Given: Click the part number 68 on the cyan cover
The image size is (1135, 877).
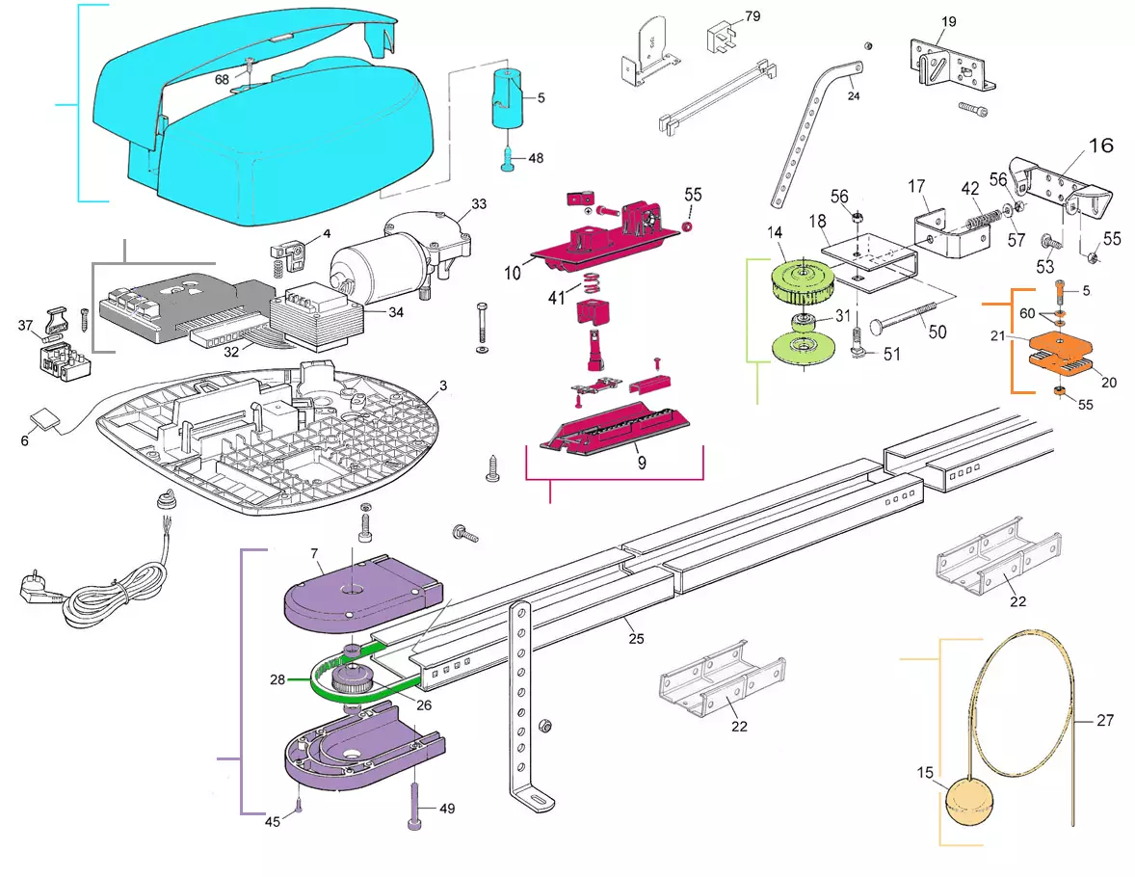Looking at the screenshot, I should tap(222, 79).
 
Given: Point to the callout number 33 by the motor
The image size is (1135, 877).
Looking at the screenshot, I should tap(479, 204).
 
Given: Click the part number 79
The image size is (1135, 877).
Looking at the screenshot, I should tap(752, 16).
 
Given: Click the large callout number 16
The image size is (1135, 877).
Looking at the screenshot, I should tap(1100, 146).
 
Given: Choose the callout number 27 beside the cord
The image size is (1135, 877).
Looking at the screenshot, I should tap(1105, 719).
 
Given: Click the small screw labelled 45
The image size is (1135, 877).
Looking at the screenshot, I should tap(299, 805).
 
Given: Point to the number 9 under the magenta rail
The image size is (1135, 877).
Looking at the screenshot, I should tap(642, 462).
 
